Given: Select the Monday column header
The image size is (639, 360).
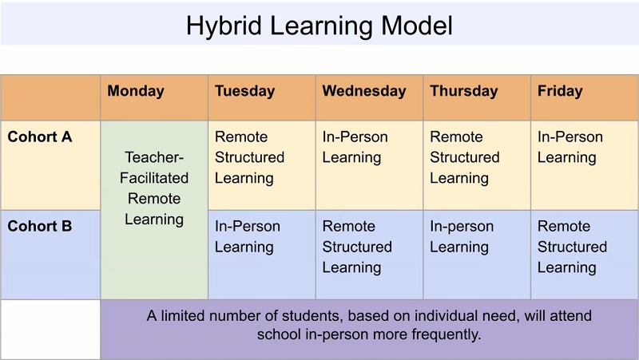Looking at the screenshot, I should point(136,91).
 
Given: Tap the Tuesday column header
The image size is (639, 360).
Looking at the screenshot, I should point(244,91).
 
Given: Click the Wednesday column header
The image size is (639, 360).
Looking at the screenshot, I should point(363,91).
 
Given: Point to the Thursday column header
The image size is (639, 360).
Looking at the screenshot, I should point(463,91).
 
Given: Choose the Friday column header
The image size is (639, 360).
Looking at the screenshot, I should point(560,91).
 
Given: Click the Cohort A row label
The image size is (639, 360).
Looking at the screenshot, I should point(40,137).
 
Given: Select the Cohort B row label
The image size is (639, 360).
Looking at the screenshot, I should point(40,227).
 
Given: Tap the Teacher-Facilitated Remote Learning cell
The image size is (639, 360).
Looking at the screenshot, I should point(154,188).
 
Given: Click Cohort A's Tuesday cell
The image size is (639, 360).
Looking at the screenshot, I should point(249,157).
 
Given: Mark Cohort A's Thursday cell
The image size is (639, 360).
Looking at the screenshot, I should point(465,157).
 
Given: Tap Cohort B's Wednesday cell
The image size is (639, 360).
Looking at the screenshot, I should point(357,247).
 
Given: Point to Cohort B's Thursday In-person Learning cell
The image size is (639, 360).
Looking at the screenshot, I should point(462,237).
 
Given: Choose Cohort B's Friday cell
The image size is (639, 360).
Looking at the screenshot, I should point(572,247).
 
